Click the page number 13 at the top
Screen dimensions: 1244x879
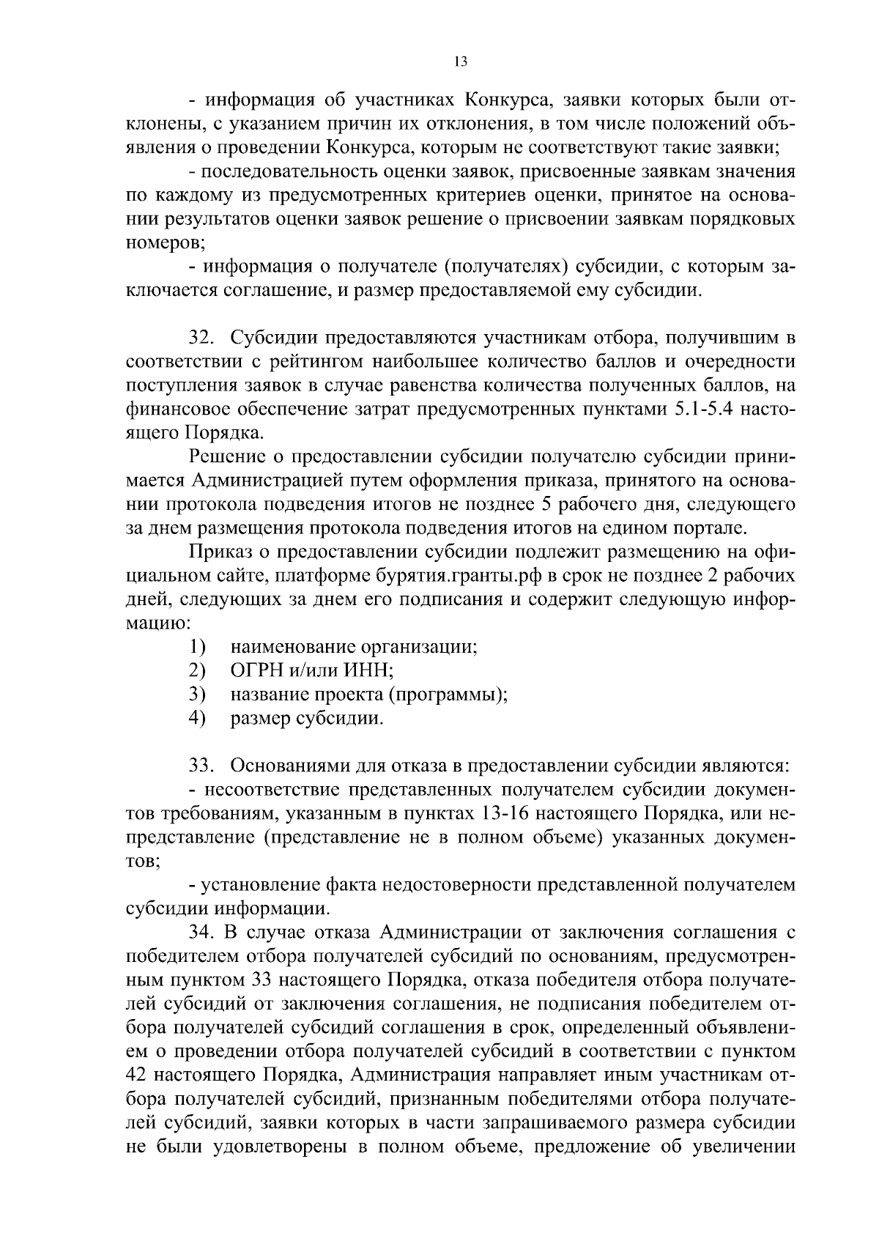click(x=460, y=62)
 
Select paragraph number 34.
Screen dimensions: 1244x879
click(x=202, y=933)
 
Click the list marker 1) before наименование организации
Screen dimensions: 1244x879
click(x=196, y=647)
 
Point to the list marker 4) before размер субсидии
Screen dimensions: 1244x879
click(x=196, y=718)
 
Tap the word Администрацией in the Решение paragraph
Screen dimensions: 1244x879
click(x=267, y=481)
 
